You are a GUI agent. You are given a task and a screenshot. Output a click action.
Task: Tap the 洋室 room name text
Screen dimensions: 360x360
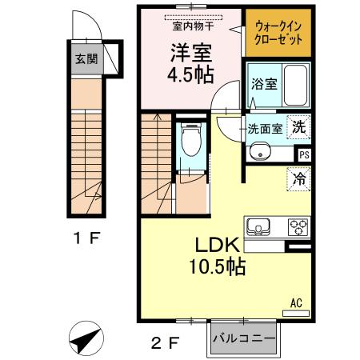[x=189, y=52]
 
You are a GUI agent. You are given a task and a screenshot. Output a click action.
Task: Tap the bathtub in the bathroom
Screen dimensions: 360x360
[x=297, y=86]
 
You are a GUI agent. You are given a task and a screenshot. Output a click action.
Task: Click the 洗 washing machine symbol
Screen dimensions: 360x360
[x=298, y=126]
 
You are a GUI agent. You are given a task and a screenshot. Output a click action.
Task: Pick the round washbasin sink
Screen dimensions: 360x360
[x=258, y=150]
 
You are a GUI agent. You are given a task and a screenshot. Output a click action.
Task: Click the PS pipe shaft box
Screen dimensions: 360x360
[x=304, y=155]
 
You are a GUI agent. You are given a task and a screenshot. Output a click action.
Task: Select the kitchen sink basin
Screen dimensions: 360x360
[x=261, y=226]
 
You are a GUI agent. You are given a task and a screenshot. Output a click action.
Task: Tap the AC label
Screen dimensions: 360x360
[x=295, y=302]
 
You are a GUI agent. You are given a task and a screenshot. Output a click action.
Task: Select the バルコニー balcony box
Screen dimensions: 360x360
[x=246, y=338]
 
